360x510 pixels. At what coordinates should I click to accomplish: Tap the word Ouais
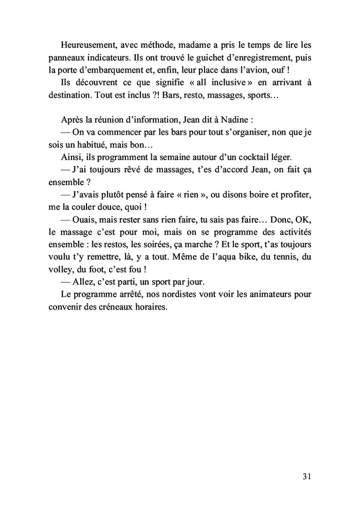coord(93,220)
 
